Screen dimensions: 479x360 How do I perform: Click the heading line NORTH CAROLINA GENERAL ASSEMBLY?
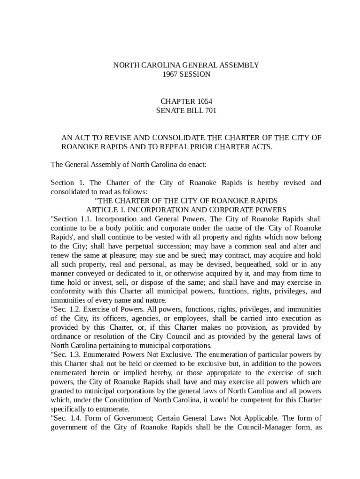[x=186, y=65]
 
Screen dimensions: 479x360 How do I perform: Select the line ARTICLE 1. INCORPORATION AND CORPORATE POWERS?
[x=186, y=210]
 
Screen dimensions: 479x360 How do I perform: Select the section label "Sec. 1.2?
[x=65, y=309]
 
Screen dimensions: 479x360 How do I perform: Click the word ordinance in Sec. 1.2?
[x=68, y=336]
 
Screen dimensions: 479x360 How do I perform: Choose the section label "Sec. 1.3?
[x=65, y=355]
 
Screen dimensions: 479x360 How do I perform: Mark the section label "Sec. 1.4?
[x=65, y=418]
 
